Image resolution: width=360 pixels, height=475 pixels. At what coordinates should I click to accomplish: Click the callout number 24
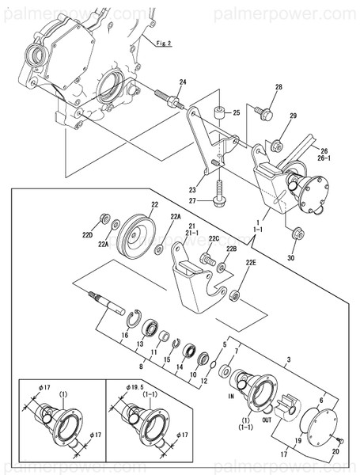[x=182, y=82]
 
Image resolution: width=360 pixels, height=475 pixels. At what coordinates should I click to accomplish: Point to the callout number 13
[x=140, y=344]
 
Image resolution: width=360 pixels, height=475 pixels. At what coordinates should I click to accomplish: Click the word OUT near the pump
[x=267, y=420]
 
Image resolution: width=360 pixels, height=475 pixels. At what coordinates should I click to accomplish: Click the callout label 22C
[x=213, y=238]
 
